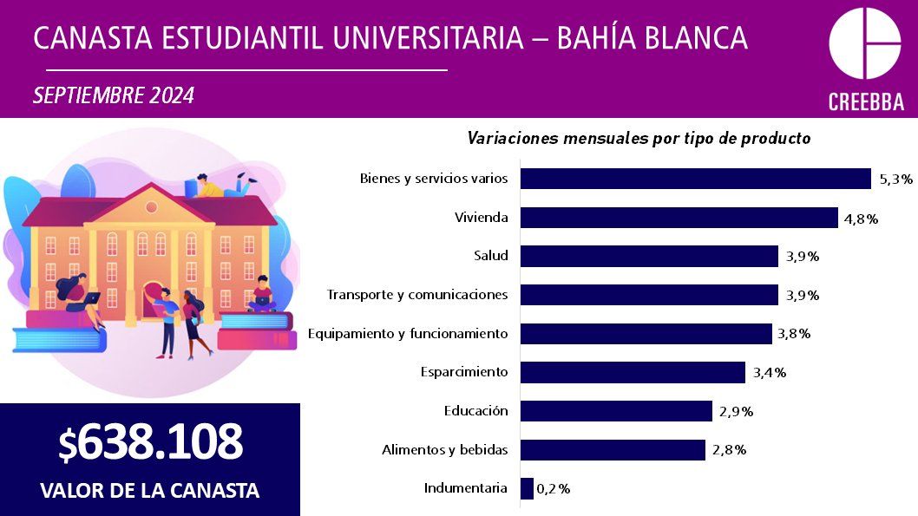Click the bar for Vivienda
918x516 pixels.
click(x=679, y=218)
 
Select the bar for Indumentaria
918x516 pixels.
click(x=527, y=488)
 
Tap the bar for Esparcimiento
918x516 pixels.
click(x=633, y=372)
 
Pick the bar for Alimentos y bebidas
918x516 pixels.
click(x=613, y=449)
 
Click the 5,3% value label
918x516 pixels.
click(x=896, y=180)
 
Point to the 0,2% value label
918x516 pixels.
click(x=554, y=489)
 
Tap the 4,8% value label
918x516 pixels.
click(x=861, y=219)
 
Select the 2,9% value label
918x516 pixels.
click(x=736, y=412)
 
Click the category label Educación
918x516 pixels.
click(x=475, y=411)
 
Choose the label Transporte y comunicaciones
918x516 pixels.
click(x=417, y=295)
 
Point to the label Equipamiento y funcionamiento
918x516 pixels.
click(x=408, y=334)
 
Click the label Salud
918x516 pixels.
click(x=490, y=256)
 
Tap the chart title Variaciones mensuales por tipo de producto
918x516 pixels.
click(x=639, y=138)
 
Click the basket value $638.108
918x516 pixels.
click(x=150, y=443)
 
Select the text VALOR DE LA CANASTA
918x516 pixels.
click(x=150, y=490)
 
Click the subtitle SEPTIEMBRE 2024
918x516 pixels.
click(x=114, y=95)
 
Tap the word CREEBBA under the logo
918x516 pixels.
click(x=865, y=102)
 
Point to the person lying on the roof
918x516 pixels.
click(x=222, y=185)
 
